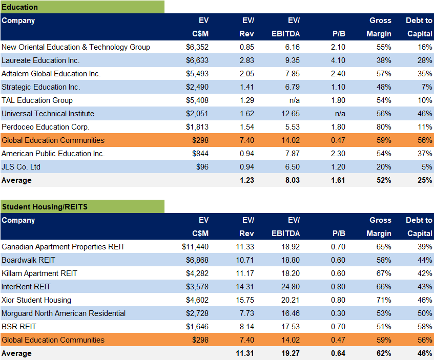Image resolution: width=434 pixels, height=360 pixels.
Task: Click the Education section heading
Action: click(x=19, y=7)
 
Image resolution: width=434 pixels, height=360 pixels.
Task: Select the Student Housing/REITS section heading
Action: click(x=45, y=207)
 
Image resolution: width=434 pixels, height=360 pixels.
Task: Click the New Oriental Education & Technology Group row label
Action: click(x=76, y=47)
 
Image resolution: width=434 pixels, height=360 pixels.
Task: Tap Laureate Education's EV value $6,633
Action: click(x=197, y=60)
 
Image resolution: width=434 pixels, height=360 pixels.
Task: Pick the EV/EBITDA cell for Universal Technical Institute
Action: click(x=290, y=114)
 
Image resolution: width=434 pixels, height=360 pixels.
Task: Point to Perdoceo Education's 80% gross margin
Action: click(x=383, y=127)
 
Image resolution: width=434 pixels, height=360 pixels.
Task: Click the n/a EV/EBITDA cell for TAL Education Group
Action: click(x=294, y=100)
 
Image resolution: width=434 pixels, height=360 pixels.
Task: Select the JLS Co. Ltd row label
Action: click(x=21, y=167)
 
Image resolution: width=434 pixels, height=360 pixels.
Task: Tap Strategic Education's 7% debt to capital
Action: click(x=425, y=87)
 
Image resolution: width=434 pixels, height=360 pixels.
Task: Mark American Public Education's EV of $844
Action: click(x=200, y=154)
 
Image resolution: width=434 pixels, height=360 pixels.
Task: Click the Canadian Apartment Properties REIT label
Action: click(x=64, y=247)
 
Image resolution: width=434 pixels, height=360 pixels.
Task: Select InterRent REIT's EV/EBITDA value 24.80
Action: click(x=290, y=287)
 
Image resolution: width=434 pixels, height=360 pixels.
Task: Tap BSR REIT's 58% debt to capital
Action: click(x=423, y=327)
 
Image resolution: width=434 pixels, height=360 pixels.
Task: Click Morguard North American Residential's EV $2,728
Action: click(x=197, y=313)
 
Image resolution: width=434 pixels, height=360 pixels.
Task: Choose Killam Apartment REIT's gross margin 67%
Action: click(x=383, y=273)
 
